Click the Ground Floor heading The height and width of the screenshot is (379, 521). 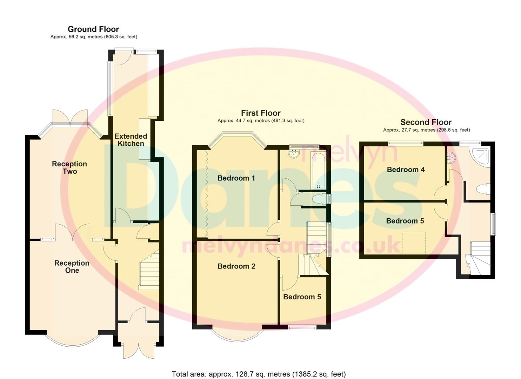coord(93,29)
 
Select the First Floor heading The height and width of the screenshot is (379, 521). coord(261,113)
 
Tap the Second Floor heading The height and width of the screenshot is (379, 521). coord(426,122)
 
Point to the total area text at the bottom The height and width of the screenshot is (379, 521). coord(259,374)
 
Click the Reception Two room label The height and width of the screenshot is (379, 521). coord(69,168)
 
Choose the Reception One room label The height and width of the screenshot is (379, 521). coord(72,267)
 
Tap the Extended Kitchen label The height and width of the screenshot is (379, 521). coord(131,140)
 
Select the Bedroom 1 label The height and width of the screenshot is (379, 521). coord(236,178)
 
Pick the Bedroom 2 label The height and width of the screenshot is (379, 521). coord(236,266)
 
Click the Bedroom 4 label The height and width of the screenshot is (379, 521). coord(406,169)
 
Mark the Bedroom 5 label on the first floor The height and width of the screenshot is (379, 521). coord(302,297)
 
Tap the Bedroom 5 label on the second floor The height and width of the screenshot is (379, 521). coord(405,221)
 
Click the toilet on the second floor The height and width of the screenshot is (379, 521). coord(482,189)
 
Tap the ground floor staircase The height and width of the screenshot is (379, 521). coord(149,272)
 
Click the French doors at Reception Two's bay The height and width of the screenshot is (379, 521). coord(70,118)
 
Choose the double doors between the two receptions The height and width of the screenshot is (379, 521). coord(73,232)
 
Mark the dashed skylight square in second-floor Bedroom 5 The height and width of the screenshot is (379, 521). coord(414,243)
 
